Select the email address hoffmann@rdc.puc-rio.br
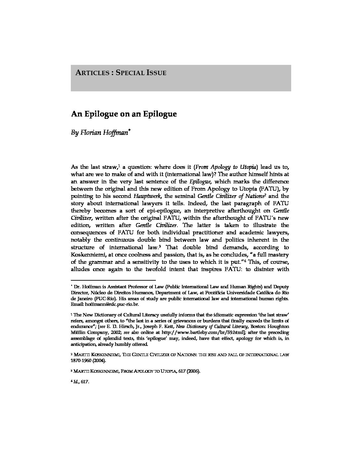point(112,303)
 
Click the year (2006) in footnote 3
point(194,371)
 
